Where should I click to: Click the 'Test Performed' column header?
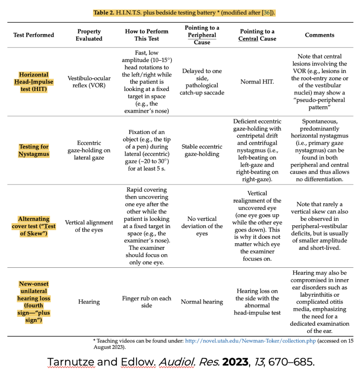pos(34,35)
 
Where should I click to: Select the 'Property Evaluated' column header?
pos(89,35)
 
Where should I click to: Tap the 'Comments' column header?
pos(319,35)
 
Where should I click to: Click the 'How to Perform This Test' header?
pos(146,35)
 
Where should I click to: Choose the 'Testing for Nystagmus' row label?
pos(34,150)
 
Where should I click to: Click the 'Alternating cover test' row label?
pos(34,226)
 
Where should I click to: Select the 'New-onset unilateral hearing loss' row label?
pos(34,302)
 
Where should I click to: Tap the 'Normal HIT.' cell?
pos(257,82)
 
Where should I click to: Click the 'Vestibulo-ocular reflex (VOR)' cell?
pos(89,82)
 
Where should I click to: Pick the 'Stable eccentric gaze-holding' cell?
pos(202,150)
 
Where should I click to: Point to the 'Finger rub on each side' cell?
pos(146,302)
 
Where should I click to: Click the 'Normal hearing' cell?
pos(202,302)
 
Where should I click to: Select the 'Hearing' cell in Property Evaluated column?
pos(89,302)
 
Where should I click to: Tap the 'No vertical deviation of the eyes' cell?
pos(202,226)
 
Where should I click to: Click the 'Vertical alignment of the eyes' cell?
pos(89,226)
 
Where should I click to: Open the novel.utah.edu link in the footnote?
pos(250,341)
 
